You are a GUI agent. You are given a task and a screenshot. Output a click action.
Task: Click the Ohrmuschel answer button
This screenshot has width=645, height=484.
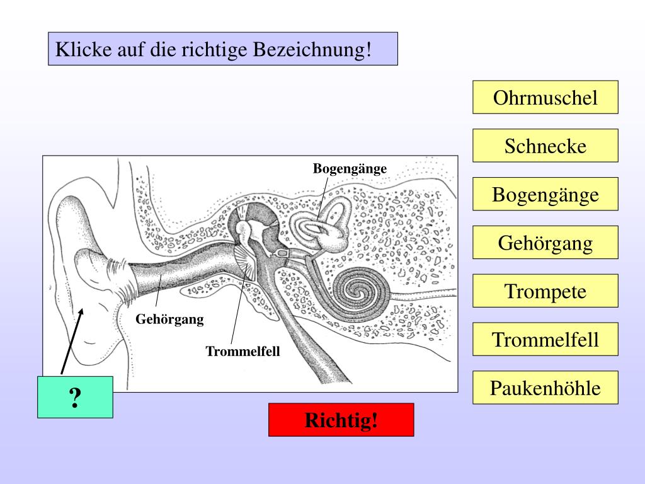tap(545, 98)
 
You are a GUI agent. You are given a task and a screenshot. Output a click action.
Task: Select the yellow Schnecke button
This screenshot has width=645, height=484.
tap(545, 146)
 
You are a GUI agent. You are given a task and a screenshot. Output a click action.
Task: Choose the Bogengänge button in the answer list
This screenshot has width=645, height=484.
tap(545, 195)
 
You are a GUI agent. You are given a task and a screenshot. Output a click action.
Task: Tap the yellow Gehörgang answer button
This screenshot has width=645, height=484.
tap(545, 243)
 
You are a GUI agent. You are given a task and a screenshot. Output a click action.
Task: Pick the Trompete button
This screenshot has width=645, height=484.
tap(545, 291)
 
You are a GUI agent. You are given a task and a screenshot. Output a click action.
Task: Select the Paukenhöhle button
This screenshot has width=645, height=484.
tap(545, 388)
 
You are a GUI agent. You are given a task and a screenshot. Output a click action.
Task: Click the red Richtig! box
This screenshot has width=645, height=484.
tap(341, 420)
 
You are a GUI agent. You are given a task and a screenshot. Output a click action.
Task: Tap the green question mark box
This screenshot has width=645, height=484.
tap(75, 397)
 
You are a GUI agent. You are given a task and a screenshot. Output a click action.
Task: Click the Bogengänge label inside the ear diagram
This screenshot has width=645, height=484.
tap(350, 168)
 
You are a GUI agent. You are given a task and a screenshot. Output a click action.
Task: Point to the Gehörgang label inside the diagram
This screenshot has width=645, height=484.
tap(170, 319)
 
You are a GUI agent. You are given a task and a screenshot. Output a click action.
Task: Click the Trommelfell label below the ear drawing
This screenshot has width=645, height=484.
tap(243, 351)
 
